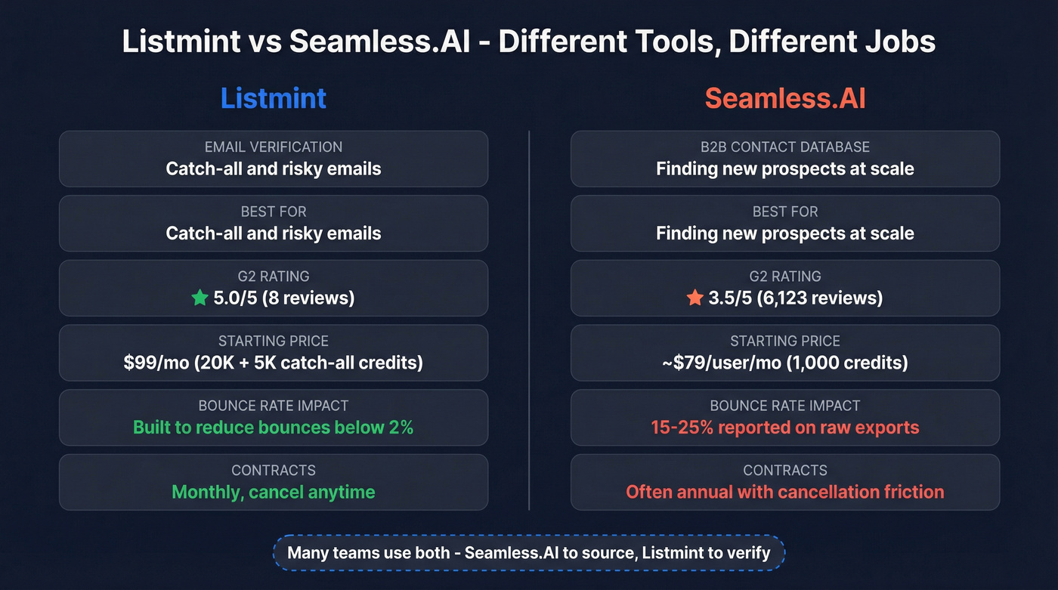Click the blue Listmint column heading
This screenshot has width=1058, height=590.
click(274, 99)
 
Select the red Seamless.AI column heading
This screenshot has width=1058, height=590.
click(785, 99)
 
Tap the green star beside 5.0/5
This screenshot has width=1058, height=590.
click(200, 298)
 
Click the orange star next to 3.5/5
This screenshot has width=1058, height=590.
click(695, 298)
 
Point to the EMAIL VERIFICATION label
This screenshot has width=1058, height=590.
click(274, 147)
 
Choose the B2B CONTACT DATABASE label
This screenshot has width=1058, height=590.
click(785, 147)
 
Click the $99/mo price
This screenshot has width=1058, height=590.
click(156, 363)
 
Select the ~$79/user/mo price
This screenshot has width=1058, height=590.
click(721, 363)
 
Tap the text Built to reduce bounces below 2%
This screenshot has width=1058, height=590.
click(274, 428)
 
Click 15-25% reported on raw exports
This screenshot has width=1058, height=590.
click(785, 428)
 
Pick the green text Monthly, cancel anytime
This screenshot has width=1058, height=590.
click(274, 493)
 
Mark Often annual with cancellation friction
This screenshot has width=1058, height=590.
click(785, 493)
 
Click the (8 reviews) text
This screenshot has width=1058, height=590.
click(309, 298)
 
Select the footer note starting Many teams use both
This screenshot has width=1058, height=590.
click(529, 552)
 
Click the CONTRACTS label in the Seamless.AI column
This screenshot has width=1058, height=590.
click(785, 471)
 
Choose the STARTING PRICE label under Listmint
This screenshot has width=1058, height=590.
click(274, 341)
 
